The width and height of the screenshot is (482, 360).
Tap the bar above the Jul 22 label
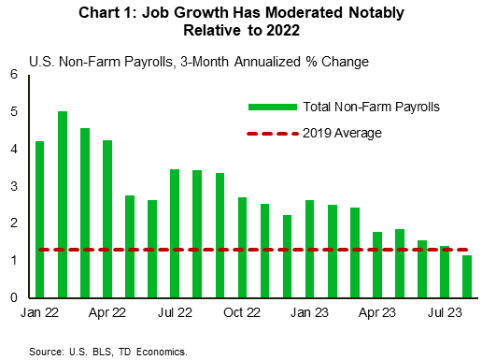click(175, 233)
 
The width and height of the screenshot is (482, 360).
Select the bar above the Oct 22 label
click(242, 247)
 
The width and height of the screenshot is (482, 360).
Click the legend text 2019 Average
click(343, 133)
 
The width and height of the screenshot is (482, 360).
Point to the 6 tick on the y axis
click(14, 74)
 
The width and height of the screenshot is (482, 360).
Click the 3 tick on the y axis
click(14, 186)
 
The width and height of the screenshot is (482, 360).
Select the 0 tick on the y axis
click(14, 297)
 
